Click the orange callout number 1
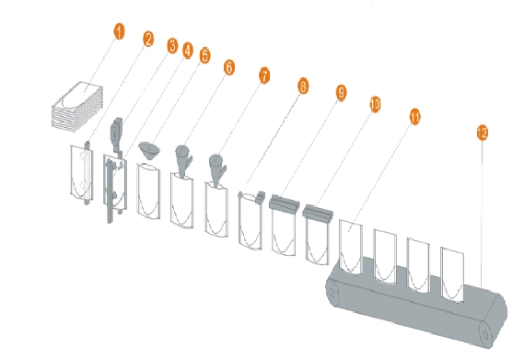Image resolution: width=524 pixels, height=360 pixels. [119, 31]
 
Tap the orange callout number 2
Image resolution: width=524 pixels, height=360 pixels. [148, 39]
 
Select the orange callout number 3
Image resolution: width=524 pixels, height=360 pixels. [172, 45]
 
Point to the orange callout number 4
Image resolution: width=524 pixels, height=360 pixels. [188, 51]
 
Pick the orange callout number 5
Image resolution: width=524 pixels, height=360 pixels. [204, 55]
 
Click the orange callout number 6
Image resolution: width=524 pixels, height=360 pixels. [229, 67]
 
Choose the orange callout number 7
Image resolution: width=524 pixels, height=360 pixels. [264, 75]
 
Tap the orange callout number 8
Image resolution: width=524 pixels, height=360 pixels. [303, 87]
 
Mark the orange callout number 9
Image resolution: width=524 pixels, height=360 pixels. [341, 93]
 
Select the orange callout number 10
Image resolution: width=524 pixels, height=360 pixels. [375, 104]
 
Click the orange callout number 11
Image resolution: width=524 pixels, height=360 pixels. [414, 117]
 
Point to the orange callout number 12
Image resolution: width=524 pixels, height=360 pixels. [483, 133]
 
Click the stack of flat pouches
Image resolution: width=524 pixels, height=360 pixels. [77, 107]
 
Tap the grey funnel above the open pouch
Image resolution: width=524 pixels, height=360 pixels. [149, 150]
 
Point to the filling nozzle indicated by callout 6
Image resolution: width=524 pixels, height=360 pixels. [183, 160]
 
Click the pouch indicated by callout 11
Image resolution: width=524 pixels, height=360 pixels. [351, 247]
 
